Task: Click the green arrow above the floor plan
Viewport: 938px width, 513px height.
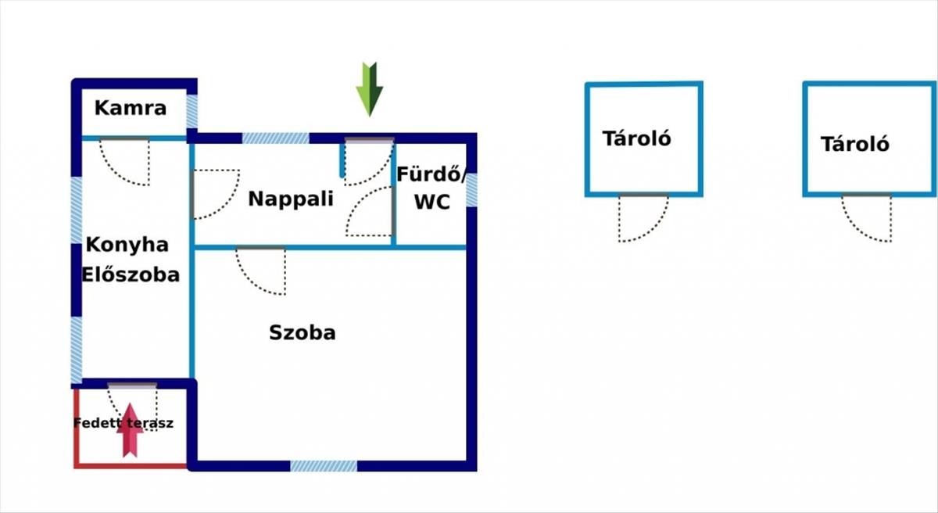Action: (x=369, y=88)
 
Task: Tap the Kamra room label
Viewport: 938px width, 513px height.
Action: (x=131, y=108)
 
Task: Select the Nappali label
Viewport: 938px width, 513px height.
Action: (x=291, y=199)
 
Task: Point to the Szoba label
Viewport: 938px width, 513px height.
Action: (x=303, y=332)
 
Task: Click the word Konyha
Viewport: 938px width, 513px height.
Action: (x=127, y=245)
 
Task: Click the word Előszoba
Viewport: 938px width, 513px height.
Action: (x=131, y=274)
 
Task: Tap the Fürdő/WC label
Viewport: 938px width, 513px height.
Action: (x=432, y=188)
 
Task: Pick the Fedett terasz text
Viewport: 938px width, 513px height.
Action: (x=124, y=423)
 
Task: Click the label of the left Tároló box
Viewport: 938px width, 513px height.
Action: (x=637, y=138)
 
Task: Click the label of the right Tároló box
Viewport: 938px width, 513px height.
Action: (x=855, y=144)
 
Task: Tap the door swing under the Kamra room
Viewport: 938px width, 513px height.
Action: (x=124, y=161)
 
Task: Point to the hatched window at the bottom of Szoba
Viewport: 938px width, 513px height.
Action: (x=324, y=466)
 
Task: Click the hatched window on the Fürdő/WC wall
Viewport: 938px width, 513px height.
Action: (x=471, y=189)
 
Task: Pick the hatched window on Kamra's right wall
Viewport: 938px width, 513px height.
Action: (x=192, y=112)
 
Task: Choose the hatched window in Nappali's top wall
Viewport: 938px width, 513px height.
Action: (x=275, y=138)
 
